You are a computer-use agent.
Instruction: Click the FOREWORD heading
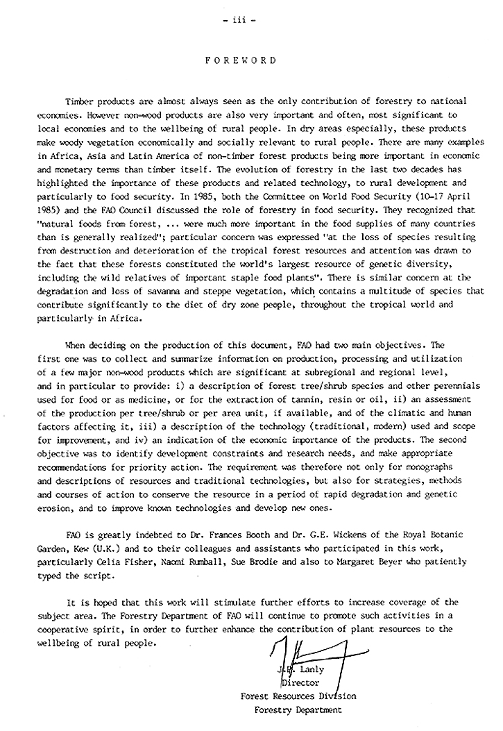pos(241,60)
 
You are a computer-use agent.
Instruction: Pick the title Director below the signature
pos(300,683)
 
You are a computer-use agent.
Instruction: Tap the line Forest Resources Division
pos(298,696)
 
